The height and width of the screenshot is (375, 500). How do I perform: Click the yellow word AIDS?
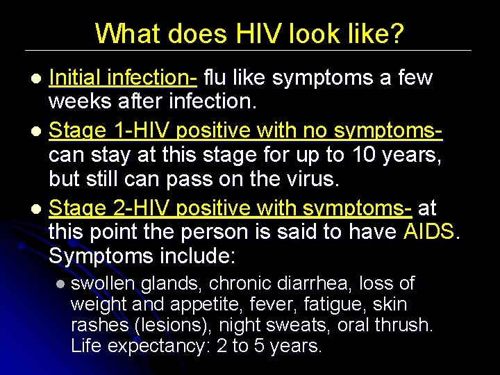pyautogui.click(x=428, y=231)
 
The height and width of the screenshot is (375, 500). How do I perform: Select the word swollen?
pyautogui.click(x=103, y=283)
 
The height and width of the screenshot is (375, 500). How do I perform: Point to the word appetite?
pyautogui.click(x=187, y=304)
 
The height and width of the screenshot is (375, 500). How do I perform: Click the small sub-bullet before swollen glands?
pyautogui.click(x=60, y=284)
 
